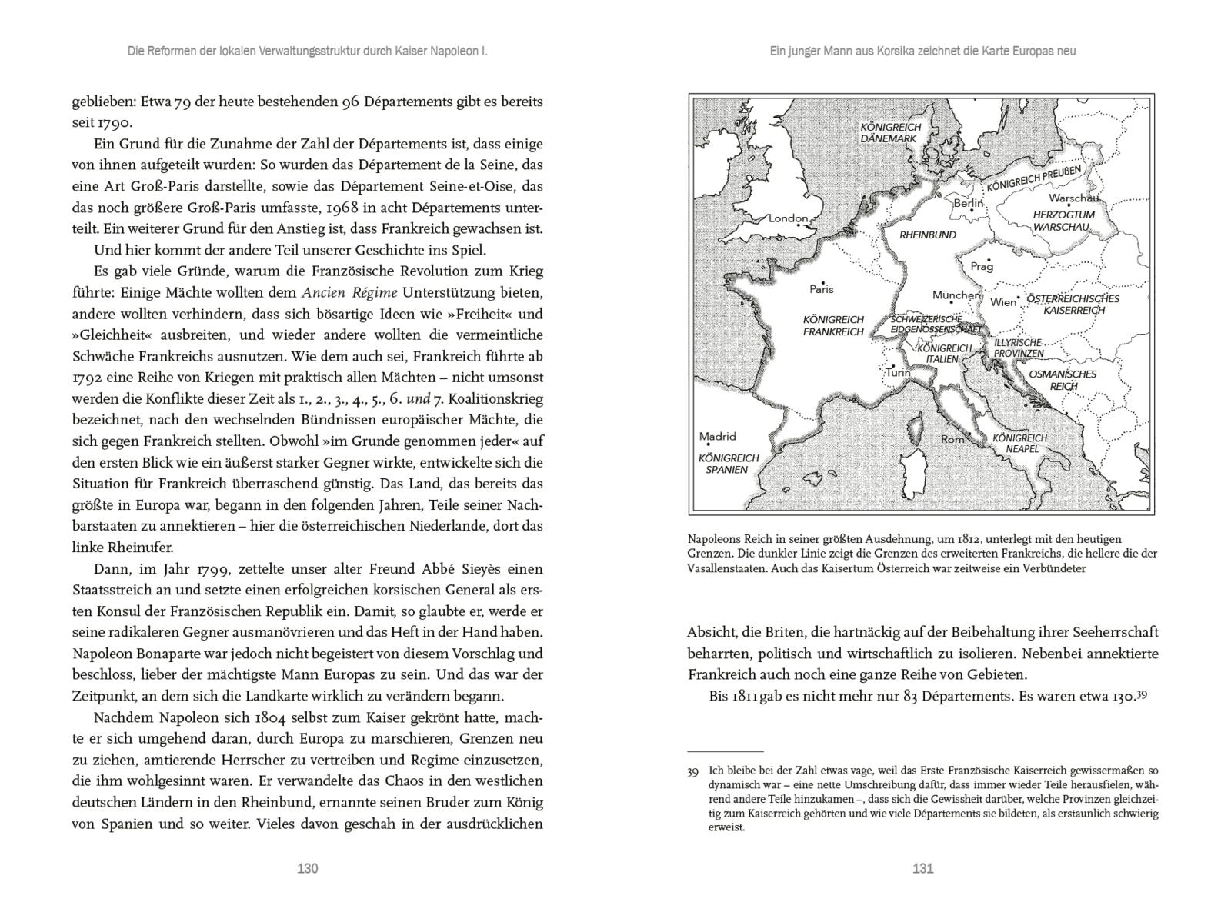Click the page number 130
pyautogui.click(x=307, y=868)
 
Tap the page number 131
pyautogui.click(x=922, y=868)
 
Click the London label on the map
pyautogui.click(x=788, y=218)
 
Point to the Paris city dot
pyautogui.click(x=823, y=282)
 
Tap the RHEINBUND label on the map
pyautogui.click(x=928, y=235)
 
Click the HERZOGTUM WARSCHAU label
pyautogui.click(x=1063, y=221)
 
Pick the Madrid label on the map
pyautogui.click(x=717, y=437)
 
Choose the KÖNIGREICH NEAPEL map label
pyautogui.click(x=1019, y=443)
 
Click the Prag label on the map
pyautogui.click(x=982, y=267)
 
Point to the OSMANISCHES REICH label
pyautogui.click(x=1063, y=380)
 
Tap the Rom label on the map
pyautogui.click(x=952, y=439)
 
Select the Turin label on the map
pyautogui.click(x=898, y=373)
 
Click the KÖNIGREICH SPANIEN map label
pyautogui.click(x=728, y=464)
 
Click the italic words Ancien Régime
pyautogui.click(x=350, y=292)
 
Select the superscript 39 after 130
pyautogui.click(x=1142, y=694)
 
